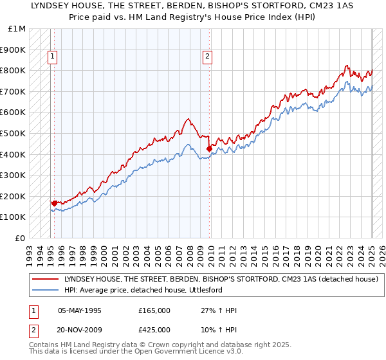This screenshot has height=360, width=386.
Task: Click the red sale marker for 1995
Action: point(54,203)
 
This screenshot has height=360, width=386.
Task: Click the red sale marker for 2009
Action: point(209,148)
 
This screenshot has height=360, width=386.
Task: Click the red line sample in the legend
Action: point(46,280)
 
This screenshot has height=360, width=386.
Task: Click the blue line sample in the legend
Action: point(46,291)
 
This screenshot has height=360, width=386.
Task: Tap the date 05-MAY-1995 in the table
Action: point(80,310)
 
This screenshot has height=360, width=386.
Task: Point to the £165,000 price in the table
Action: point(154,310)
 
